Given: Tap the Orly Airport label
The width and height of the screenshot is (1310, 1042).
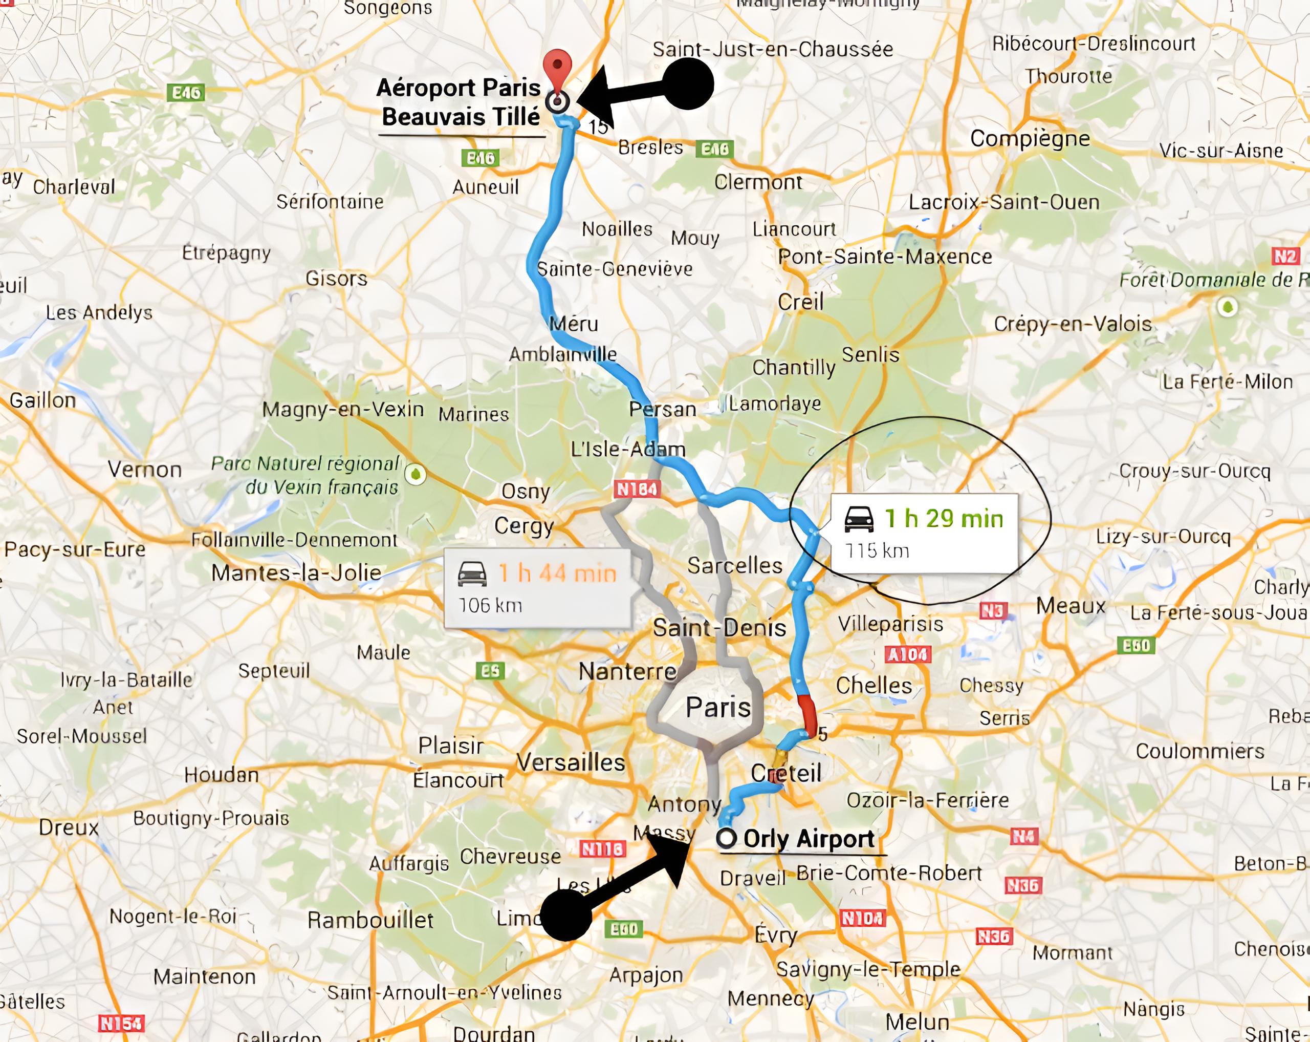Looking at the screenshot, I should pos(808,839).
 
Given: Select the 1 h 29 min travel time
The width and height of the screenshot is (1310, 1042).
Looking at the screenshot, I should pos(944,519).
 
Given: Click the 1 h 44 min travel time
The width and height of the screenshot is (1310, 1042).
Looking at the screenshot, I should pos(557,573).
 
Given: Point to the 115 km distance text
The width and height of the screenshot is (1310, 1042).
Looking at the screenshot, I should pos(877,551).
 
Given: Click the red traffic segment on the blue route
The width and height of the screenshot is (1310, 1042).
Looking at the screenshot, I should pos(807,714).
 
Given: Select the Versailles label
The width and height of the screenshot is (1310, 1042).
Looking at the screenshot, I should pos(570,762).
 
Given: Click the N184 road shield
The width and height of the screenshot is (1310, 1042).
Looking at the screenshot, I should pos(637,489).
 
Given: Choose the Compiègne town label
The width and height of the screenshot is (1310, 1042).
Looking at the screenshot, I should pos(1029,139).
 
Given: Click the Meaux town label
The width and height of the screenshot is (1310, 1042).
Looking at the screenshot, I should pos(1070,606).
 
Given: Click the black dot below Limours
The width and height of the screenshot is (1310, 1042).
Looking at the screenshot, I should pos(565,916).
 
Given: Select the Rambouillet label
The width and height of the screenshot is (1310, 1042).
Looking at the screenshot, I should pos(370,920).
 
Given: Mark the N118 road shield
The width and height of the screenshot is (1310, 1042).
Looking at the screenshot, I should pos(602,848).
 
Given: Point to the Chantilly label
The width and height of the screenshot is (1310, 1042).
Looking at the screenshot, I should pos(794,367).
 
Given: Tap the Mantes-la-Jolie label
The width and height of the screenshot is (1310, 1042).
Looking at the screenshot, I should pos(296,572).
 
